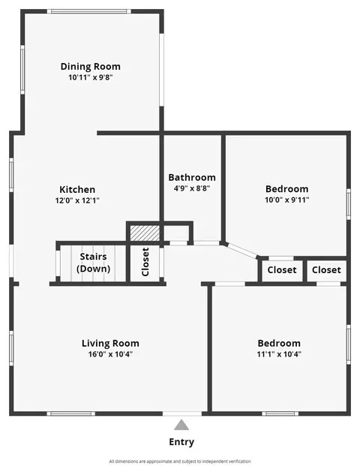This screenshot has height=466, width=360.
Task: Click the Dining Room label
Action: pyautogui.click(x=91, y=67)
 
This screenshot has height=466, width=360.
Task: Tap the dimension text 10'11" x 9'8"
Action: pyautogui.click(x=91, y=77)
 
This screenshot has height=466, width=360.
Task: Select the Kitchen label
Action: pyautogui.click(x=77, y=189)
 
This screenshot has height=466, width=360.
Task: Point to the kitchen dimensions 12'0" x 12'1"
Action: pyautogui.click(x=77, y=200)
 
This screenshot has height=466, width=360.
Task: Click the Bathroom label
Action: pyautogui.click(x=192, y=177)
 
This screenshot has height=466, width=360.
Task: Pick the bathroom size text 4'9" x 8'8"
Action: pyautogui.click(x=192, y=188)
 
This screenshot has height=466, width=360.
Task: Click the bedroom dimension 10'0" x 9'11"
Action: pyautogui.click(x=287, y=200)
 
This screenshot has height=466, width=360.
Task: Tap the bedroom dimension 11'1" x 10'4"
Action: pyautogui.click(x=279, y=354)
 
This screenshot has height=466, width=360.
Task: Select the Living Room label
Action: pyautogui.click(x=110, y=343)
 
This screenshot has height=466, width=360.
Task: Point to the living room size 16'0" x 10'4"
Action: pyautogui.click(x=110, y=354)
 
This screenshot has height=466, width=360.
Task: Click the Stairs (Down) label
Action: pyautogui.click(x=93, y=263)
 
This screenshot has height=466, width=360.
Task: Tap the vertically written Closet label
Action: pyautogui.click(x=145, y=262)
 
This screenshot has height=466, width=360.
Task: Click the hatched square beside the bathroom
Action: pyautogui.click(x=145, y=233)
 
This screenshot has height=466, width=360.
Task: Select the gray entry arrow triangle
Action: pyautogui.click(x=181, y=425)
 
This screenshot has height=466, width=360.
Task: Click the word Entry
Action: pyautogui.click(x=181, y=442)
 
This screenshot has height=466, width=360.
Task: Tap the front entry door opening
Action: pyautogui.click(x=182, y=413)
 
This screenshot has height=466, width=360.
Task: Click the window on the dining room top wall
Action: pyautogui.click(x=89, y=11)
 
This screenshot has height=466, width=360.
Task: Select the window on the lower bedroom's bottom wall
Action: pyautogui.click(x=280, y=413)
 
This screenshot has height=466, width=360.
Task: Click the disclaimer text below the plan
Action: pyautogui.click(x=180, y=461)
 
